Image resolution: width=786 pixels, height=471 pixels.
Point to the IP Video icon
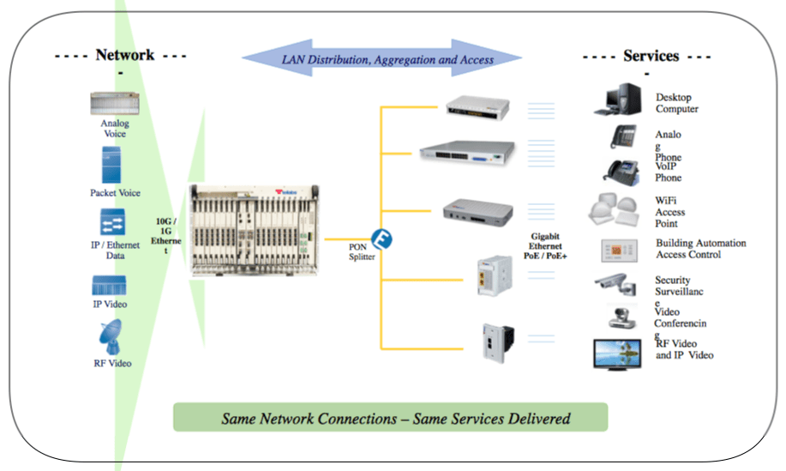click(x=110, y=286)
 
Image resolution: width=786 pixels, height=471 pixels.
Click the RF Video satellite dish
click(x=111, y=338)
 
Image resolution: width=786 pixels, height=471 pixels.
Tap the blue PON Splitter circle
click(x=381, y=239)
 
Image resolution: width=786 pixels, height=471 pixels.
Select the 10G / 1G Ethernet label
click(x=166, y=232)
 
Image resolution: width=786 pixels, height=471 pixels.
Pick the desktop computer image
click(x=617, y=100)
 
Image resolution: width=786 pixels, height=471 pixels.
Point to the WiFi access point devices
click(x=617, y=210)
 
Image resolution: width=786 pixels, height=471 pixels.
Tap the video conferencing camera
click(x=623, y=317)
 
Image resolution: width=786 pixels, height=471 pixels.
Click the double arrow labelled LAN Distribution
click(x=382, y=59)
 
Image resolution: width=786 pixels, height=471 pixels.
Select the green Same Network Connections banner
click(x=390, y=419)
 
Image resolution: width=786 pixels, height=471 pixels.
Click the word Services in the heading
click(x=651, y=56)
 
